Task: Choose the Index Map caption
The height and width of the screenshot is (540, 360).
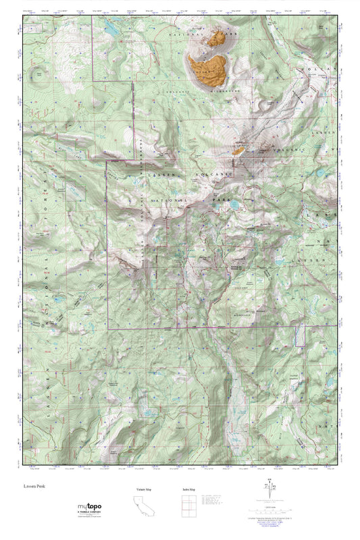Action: (189, 488)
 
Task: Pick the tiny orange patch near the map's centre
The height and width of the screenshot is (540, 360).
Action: (238, 151)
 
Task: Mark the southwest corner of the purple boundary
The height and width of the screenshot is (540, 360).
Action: (108, 328)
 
